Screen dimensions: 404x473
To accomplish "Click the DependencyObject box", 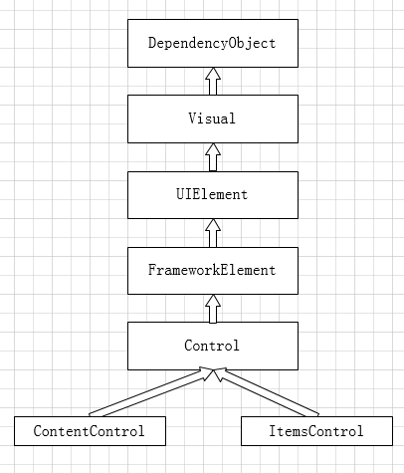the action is (213, 43).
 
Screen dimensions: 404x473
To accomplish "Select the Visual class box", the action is (213, 118).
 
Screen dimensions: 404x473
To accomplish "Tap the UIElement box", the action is (213, 195).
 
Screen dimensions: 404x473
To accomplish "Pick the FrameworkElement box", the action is (213, 271).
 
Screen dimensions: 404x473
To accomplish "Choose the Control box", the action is (213, 346).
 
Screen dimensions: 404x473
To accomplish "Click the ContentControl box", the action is (90, 431).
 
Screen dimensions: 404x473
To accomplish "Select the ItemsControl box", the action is (316, 431).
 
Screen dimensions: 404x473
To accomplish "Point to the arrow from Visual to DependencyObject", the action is (213, 82).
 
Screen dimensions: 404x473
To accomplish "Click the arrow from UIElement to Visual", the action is (213, 157).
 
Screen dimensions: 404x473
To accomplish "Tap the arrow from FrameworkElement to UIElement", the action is (213, 233).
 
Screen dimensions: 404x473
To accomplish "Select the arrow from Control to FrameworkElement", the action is (213, 309).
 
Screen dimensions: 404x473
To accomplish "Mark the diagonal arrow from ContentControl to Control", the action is (151, 393).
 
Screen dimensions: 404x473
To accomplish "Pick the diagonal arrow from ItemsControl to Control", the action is (266, 392).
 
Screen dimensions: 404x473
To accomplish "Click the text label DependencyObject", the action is (212, 43).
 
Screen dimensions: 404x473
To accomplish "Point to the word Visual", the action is (212, 118).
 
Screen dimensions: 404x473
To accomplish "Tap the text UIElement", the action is (212, 194).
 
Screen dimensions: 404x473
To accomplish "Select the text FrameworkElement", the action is (212, 270).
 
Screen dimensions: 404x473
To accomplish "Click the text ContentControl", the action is (89, 431).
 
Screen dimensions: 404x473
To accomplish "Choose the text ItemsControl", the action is (316, 431).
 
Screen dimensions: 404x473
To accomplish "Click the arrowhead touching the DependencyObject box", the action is (213, 74).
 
